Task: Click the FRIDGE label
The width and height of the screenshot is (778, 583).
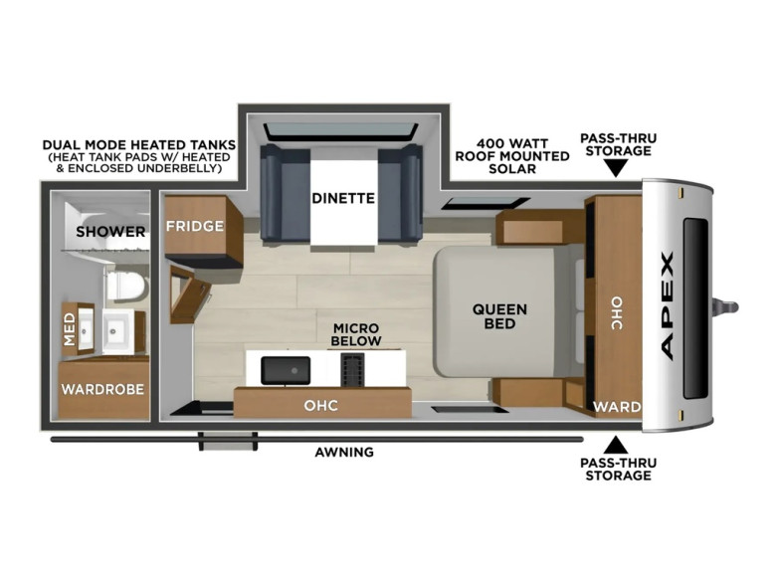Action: click(195, 226)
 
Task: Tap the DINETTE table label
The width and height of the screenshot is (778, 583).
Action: click(343, 198)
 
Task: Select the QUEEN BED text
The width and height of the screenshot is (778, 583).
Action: click(499, 316)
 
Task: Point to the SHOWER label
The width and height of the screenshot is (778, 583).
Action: click(110, 232)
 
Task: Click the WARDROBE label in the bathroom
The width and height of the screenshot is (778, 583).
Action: click(102, 389)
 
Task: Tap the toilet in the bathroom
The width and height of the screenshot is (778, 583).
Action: click(127, 287)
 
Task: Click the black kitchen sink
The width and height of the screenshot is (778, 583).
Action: click(286, 370)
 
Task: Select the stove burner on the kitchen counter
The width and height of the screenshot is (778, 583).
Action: click(353, 370)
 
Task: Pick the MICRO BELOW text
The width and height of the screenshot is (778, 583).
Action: click(356, 335)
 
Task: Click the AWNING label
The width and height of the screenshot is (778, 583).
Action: click(344, 452)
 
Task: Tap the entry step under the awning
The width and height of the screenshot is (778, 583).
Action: click(228, 442)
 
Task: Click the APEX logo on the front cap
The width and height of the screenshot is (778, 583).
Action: click(668, 306)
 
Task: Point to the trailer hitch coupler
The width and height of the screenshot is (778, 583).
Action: click(726, 307)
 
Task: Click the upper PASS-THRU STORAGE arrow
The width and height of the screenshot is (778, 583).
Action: click(616, 170)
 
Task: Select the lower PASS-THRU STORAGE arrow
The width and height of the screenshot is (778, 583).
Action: click(616, 445)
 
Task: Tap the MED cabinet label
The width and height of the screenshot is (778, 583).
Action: click(70, 329)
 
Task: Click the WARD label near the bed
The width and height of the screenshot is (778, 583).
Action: click(617, 407)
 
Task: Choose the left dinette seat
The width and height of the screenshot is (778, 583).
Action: click(285, 193)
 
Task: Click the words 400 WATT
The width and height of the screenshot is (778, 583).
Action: click(512, 143)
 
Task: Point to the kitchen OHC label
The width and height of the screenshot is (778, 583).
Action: click(321, 405)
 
